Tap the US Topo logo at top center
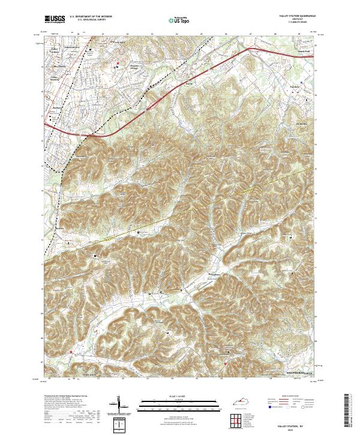tap(172, 20)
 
